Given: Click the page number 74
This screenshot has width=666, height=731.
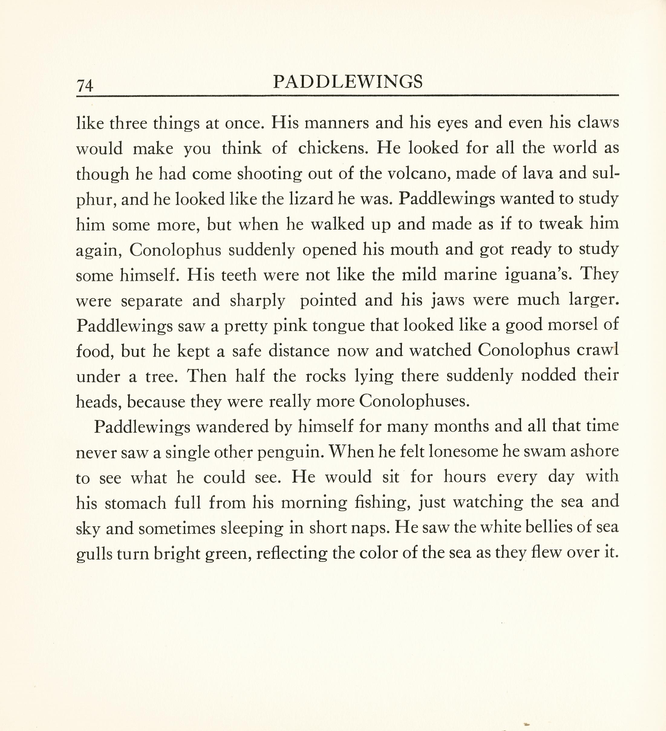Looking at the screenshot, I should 85,86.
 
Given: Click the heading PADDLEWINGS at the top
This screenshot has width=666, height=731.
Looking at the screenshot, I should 348,82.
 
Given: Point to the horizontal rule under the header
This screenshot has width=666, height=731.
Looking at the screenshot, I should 347,96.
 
